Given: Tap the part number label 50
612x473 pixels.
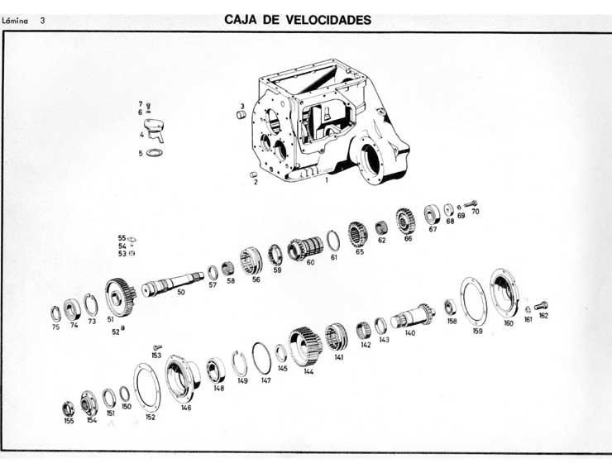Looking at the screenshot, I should tap(180, 292).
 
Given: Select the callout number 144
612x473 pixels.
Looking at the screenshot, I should tap(308, 371).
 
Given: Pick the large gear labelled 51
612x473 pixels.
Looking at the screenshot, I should tap(121, 296).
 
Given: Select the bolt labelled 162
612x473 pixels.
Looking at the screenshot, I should tap(542, 305).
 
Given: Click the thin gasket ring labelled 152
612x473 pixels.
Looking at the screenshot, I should tap(147, 386).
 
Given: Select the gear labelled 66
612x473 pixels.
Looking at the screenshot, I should tap(404, 221).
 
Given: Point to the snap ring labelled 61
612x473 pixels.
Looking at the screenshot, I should tap(332, 240).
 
